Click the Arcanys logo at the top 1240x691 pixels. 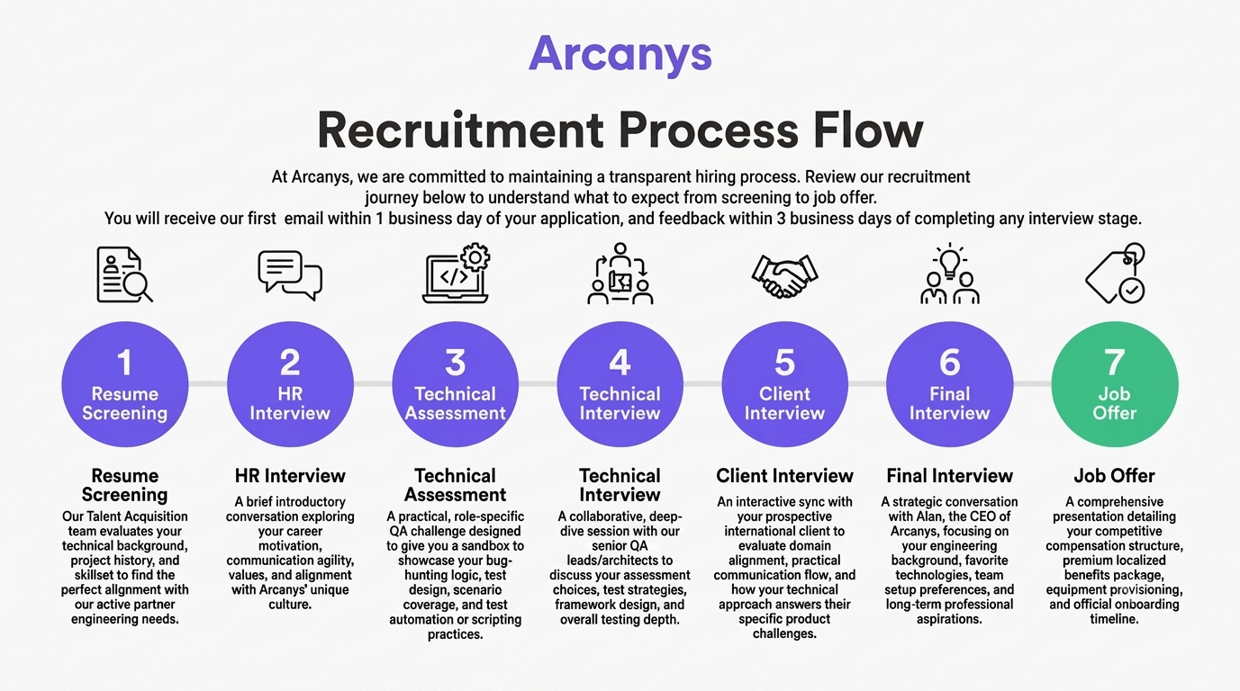pos(620,54)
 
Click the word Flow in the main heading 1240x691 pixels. pos(868,130)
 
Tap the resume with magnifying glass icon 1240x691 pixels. pos(124,274)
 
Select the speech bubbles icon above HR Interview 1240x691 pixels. pos(290,275)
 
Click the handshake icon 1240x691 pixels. pos(784,276)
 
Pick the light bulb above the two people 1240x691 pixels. pos(950,259)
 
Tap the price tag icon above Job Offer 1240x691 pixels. pos(1115,274)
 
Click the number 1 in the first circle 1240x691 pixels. pos(124,363)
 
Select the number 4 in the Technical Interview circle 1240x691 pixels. pos(620,363)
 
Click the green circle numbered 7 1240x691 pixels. pos(1114,384)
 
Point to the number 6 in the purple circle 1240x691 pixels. pos(950,363)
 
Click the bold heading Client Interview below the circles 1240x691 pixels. pos(784,476)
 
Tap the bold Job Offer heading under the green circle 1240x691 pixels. pos(1114,476)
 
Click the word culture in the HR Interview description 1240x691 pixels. pos(289,605)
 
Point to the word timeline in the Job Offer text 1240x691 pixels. pos(1114,619)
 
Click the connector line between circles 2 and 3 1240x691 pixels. pos(373,384)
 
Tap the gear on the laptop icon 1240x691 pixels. pos(475,257)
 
